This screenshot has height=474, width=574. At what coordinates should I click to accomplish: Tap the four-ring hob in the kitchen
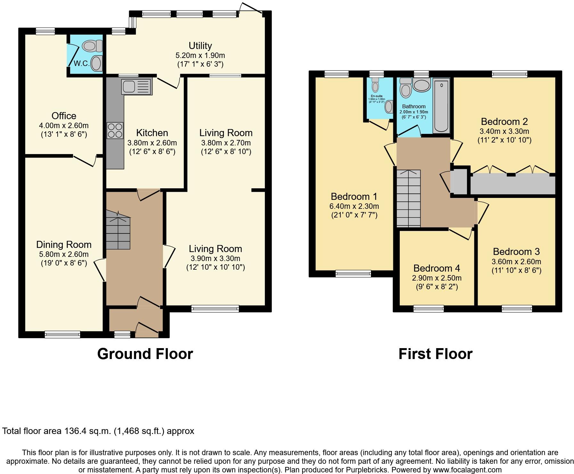point(115,130)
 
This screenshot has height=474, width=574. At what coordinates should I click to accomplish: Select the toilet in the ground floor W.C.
point(92,46)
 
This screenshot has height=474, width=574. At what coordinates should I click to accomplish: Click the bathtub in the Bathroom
point(441,106)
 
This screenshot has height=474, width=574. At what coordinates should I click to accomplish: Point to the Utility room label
point(200,45)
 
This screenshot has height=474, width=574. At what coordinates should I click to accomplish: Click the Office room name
point(64,116)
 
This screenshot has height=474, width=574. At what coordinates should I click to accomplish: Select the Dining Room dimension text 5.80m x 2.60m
point(64,254)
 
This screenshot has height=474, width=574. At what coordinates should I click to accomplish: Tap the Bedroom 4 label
point(437,268)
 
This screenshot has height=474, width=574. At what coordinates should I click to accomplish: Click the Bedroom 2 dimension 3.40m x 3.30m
point(504,131)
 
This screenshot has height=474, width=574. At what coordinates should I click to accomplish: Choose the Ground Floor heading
point(145,354)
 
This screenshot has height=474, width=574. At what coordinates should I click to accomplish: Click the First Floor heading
point(435,354)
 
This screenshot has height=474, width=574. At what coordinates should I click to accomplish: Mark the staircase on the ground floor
point(118,230)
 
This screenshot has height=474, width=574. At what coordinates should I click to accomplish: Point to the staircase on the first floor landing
point(408,198)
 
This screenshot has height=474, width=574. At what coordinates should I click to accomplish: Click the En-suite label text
point(376,96)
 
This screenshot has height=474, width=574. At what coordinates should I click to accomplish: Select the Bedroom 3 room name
point(516,251)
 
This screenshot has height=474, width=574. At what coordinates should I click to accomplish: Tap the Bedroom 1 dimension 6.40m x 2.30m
point(354,206)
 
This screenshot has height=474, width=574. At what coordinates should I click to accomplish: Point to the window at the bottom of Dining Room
point(62,334)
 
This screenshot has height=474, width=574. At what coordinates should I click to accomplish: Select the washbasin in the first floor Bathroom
point(422,85)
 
